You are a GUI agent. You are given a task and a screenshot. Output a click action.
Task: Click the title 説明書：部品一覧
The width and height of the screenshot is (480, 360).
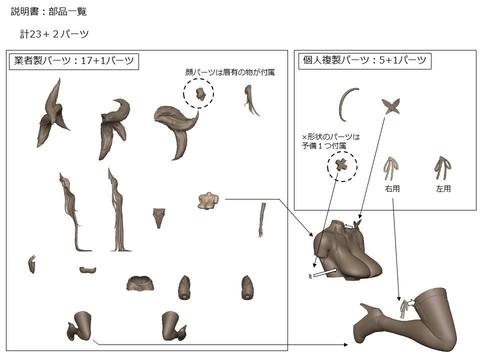point(48,11)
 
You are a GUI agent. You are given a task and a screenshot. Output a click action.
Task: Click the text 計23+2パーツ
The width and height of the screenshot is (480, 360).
point(54,33)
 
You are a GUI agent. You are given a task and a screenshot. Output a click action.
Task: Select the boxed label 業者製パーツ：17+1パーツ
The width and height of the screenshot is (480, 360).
point(74,60)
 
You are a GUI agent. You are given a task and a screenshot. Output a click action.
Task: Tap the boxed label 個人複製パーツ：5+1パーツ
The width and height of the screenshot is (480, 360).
point(364,60)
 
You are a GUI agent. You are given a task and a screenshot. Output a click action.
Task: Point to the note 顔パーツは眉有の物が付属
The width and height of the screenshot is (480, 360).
point(230,72)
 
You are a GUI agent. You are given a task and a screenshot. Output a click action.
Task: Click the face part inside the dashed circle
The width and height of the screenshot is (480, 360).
point(200,94)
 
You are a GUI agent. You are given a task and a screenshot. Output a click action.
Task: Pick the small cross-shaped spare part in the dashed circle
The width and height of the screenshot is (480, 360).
point(341,165)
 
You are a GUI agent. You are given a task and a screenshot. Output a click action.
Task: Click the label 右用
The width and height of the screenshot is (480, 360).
point(392,188)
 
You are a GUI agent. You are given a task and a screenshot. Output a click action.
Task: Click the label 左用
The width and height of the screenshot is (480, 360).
point(443,188)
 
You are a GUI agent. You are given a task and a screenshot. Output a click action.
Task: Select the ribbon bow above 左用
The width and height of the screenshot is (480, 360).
point(442,167)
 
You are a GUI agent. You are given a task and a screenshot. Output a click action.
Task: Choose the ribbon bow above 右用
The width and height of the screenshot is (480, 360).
point(391,168)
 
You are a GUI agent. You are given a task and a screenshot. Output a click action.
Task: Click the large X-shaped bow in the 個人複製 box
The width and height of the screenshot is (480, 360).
point(391,106)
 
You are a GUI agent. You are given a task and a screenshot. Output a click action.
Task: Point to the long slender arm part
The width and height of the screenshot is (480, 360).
point(262,220)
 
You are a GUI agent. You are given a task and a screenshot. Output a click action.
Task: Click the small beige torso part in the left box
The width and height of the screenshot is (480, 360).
point(208,201)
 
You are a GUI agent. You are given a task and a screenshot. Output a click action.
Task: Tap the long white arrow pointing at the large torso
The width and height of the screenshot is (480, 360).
point(325,272)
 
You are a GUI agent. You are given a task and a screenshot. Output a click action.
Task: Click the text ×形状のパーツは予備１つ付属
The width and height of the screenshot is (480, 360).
point(330,141)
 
